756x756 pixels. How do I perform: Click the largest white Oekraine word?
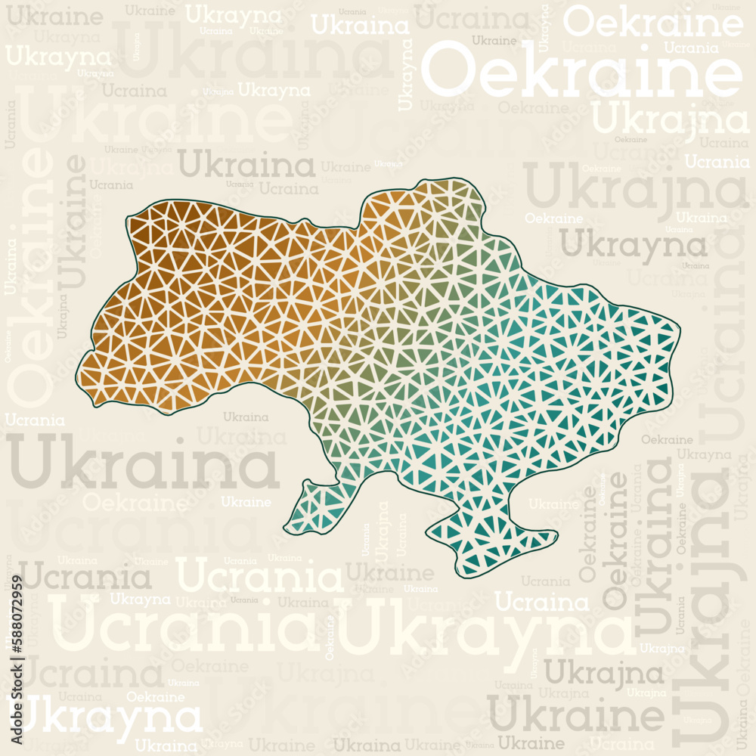[x=581, y=70]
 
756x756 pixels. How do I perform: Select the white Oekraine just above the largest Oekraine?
[x=653, y=23]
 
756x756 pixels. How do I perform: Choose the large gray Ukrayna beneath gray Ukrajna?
[x=634, y=244]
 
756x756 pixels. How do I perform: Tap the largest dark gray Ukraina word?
[x=143, y=463]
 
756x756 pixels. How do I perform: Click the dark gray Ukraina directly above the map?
[x=246, y=164]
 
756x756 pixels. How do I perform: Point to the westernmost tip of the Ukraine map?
[x=77, y=376]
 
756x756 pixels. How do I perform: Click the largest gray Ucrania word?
[x=84, y=578]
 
